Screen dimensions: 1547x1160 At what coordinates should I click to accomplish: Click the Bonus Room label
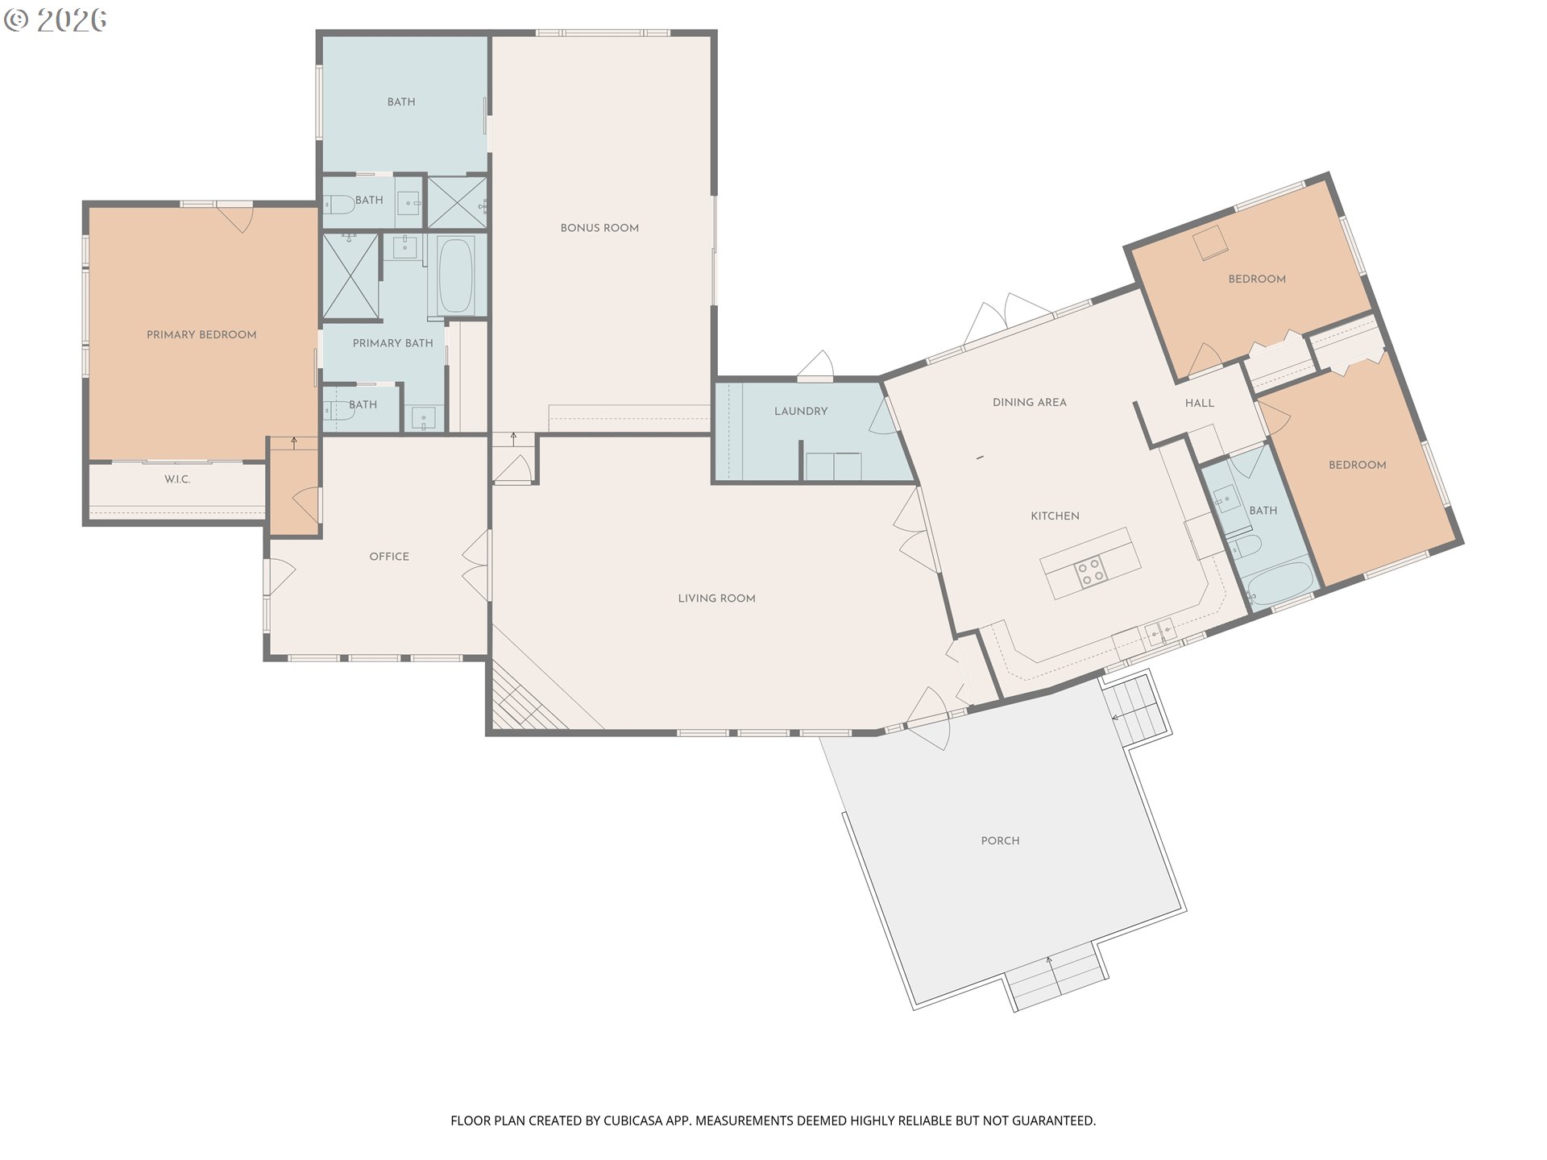pyautogui.click(x=599, y=228)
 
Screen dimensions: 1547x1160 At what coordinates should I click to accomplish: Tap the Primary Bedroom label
pyautogui.click(x=201, y=335)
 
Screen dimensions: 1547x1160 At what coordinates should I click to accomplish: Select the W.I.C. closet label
pyautogui.click(x=177, y=479)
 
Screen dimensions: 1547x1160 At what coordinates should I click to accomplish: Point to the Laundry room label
pyautogui.click(x=801, y=412)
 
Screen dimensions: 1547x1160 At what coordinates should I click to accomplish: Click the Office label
pyautogui.click(x=389, y=557)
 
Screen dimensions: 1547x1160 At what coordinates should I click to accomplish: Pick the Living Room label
pyautogui.click(x=716, y=599)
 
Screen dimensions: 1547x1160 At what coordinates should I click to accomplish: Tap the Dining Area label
pyautogui.click(x=1030, y=403)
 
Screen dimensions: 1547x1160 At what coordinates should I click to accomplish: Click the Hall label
pyautogui.click(x=1200, y=404)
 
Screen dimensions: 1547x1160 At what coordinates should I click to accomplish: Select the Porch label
pyautogui.click(x=1001, y=841)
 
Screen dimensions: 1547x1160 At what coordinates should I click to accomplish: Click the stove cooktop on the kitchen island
pyautogui.click(x=1092, y=571)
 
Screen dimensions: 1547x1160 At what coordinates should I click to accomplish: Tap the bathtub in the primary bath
pyautogui.click(x=455, y=275)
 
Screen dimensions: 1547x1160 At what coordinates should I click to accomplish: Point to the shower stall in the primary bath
pyautogui.click(x=350, y=276)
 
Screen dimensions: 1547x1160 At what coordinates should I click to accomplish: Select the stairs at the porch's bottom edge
pyautogui.click(x=1056, y=978)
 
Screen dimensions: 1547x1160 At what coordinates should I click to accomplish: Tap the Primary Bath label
pyautogui.click(x=393, y=343)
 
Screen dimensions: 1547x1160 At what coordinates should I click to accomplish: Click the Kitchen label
pyautogui.click(x=1056, y=516)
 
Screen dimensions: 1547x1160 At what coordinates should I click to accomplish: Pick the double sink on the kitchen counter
pyautogui.click(x=1161, y=632)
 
